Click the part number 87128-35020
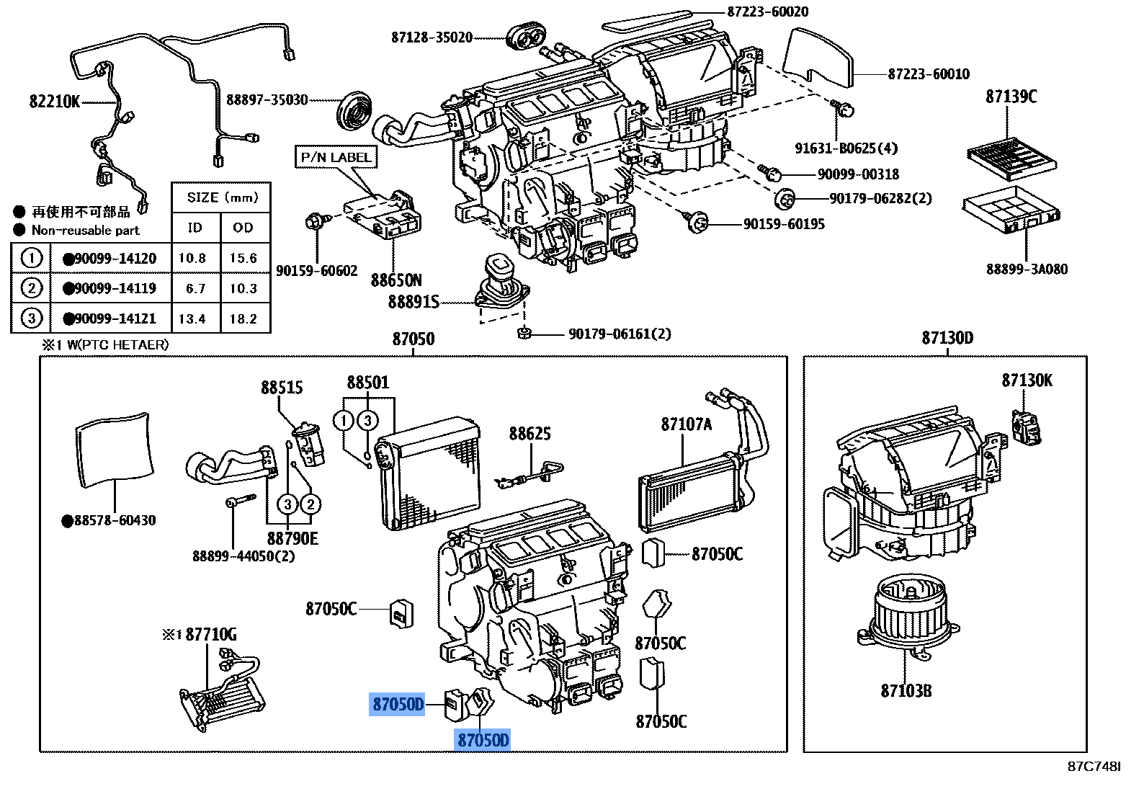click(432, 37)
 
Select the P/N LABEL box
click(336, 157)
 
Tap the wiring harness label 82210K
click(55, 102)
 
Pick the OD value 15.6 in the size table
click(243, 258)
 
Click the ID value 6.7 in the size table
click(195, 288)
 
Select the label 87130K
click(1027, 380)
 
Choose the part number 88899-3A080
click(1027, 269)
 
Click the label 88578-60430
click(114, 520)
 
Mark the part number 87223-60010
click(929, 73)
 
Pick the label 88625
click(529, 433)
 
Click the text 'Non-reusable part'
click(85, 231)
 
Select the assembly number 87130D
click(947, 338)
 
